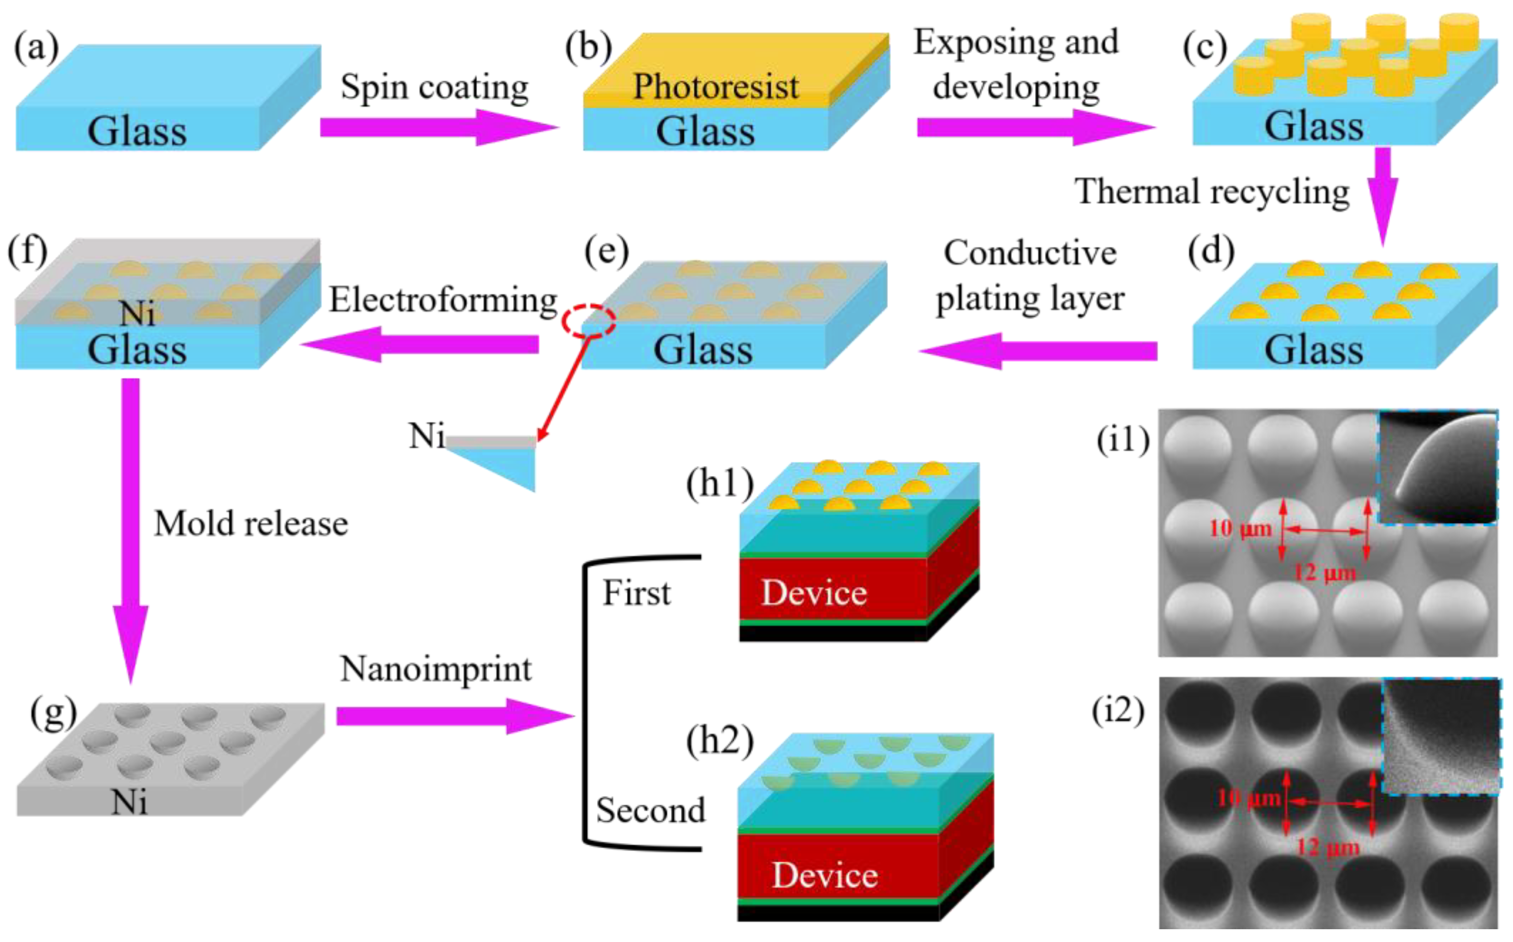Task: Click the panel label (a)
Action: pyautogui.click(x=36, y=47)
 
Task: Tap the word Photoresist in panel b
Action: pyautogui.click(x=716, y=86)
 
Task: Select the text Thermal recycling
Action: pyautogui.click(x=1212, y=191)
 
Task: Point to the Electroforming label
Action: pyautogui.click(x=443, y=300)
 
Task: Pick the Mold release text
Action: pyautogui.click(x=251, y=523)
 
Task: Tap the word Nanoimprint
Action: pyautogui.click(x=435, y=669)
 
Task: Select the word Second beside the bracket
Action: pyautogui.click(x=651, y=810)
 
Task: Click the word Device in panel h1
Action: pyautogui.click(x=814, y=592)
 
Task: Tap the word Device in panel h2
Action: pyautogui.click(x=825, y=875)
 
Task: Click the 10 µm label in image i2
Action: pyautogui.click(x=1248, y=798)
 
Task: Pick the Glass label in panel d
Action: pyautogui.click(x=1314, y=350)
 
